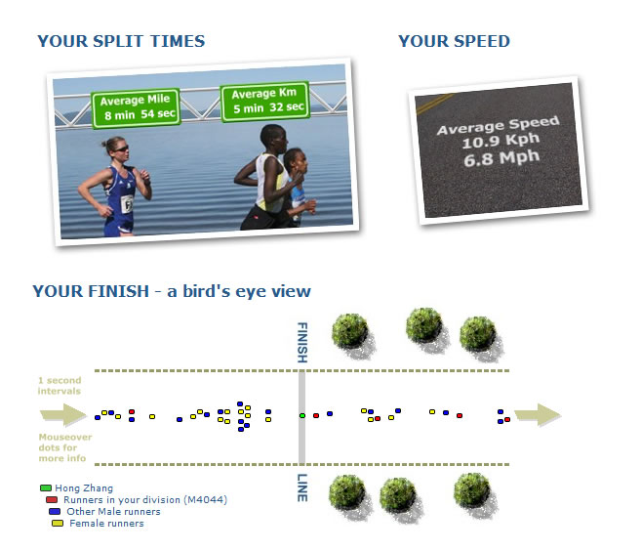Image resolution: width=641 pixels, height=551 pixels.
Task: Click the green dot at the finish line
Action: [x=302, y=415]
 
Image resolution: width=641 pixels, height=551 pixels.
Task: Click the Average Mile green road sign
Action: [x=137, y=108]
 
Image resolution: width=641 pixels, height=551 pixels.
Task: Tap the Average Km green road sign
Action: [x=265, y=101]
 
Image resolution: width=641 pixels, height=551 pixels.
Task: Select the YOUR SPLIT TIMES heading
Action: [x=121, y=41]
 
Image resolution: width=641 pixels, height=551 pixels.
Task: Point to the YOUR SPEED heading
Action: [x=454, y=41]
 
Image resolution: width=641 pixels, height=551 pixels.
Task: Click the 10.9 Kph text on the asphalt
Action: [x=501, y=142]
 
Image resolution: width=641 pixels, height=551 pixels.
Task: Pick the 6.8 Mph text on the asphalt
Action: [x=501, y=158]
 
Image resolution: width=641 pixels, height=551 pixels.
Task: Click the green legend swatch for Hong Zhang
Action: [x=46, y=487]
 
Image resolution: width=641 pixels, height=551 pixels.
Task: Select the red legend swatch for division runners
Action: [x=52, y=500]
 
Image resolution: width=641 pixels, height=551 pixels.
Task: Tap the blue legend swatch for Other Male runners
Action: [x=55, y=511]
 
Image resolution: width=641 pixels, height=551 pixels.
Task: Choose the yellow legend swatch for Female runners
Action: [x=58, y=524]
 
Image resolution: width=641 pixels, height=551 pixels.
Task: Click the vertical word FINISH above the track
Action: [x=302, y=343]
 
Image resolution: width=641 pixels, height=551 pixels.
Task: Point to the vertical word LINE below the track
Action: [x=302, y=487]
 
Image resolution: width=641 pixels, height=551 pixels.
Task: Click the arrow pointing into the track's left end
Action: [x=63, y=415]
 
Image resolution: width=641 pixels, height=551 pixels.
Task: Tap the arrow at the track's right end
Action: [x=538, y=415]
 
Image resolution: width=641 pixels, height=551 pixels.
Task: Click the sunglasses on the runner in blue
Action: [x=121, y=148]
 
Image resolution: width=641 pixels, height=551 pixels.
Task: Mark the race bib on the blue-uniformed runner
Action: [x=127, y=203]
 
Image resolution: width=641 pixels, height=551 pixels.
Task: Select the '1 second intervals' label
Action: [x=60, y=386]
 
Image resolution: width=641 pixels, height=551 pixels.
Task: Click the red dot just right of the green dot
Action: [x=316, y=415]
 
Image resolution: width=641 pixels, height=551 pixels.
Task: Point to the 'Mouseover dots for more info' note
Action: [x=65, y=447]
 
